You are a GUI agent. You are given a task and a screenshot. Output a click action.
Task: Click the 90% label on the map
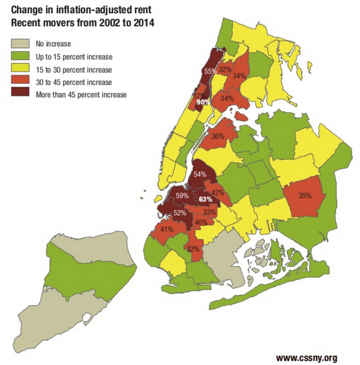tap(202, 102)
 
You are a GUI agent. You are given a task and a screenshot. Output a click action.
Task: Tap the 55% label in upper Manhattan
tap(210, 71)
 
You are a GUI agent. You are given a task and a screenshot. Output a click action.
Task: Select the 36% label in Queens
tap(218, 137)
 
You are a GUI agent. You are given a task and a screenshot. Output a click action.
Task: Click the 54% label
tap(200, 174)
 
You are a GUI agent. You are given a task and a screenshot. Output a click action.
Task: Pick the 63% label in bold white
tap(206, 199)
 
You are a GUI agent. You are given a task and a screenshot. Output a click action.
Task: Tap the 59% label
tap(181, 195)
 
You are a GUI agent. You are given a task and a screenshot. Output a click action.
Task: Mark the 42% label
tap(218, 192)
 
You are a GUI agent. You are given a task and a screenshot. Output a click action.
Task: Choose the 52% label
tap(179, 213)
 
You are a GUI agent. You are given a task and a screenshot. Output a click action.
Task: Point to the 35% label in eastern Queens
tap(304, 195)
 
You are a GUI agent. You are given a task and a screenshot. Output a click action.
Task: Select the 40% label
tap(201, 222)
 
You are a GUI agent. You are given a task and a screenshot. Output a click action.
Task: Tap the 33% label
tap(209, 212)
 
